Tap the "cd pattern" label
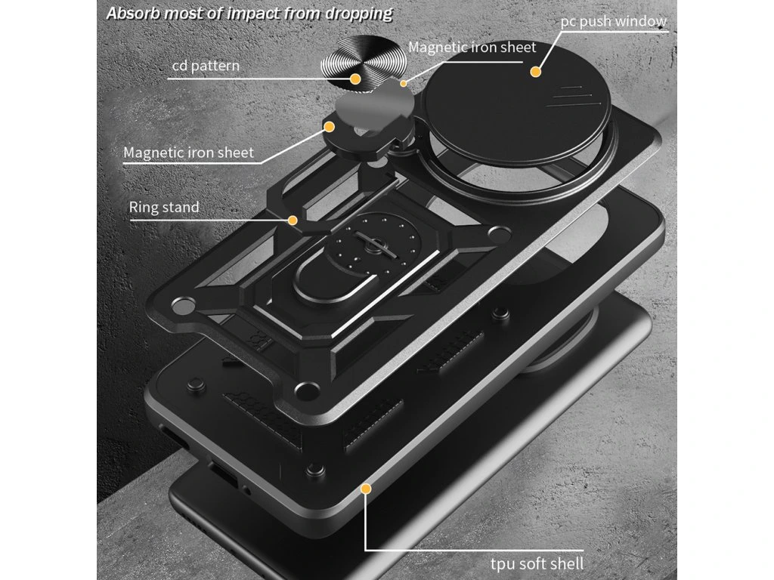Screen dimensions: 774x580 [x=206, y=66]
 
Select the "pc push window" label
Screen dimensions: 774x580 [x=613, y=20]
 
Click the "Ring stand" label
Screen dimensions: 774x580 [x=164, y=207]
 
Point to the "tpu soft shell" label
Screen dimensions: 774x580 [x=535, y=563]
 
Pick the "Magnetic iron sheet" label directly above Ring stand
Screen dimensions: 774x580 [x=188, y=153]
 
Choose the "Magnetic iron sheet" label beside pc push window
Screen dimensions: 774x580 [x=472, y=47]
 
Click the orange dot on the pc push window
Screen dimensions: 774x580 [x=536, y=72]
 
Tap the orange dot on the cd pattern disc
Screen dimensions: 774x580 [x=355, y=78]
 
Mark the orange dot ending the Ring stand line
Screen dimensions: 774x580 [x=293, y=221]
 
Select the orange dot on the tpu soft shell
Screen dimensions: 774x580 [x=366, y=489]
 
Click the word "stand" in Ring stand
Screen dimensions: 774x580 [x=181, y=207]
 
